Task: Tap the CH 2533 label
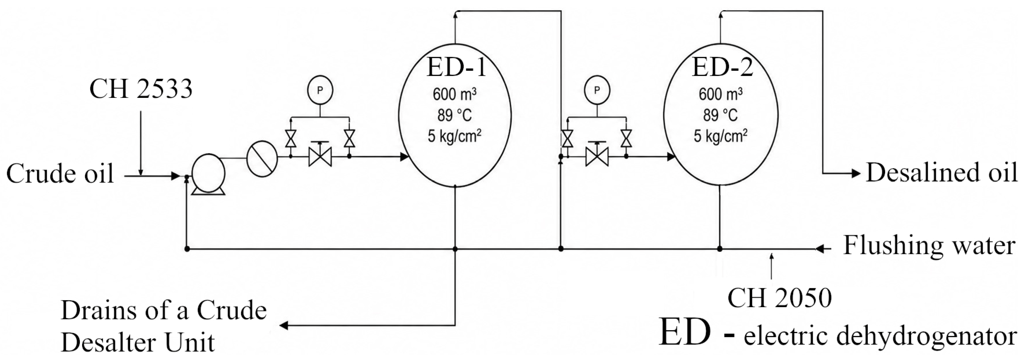click(x=141, y=88)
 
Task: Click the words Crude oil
click(x=60, y=174)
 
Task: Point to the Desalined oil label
click(x=942, y=173)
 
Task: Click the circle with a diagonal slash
click(x=262, y=158)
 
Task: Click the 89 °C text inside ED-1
click(x=455, y=116)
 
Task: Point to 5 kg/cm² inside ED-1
click(x=455, y=136)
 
